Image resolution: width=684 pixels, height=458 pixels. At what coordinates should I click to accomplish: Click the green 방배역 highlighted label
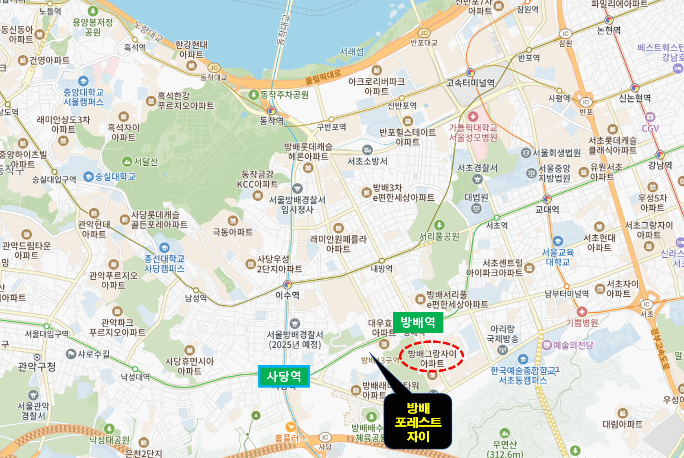418,322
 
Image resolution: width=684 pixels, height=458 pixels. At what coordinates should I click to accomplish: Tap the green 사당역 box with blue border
284,376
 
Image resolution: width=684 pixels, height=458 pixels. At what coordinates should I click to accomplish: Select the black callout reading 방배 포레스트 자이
418,422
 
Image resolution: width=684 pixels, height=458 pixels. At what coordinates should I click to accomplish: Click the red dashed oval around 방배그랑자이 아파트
432,357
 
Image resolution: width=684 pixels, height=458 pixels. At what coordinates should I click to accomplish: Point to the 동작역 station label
272,121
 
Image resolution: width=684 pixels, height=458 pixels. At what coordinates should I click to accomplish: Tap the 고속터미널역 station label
470,83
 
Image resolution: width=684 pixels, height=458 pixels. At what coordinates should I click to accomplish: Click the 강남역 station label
660,165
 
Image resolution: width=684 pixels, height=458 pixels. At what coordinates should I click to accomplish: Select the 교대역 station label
547,209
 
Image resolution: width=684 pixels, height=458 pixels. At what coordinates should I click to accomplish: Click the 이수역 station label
287,295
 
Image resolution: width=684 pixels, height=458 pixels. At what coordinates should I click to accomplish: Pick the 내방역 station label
381,268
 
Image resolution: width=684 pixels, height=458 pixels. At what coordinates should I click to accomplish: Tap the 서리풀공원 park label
439,236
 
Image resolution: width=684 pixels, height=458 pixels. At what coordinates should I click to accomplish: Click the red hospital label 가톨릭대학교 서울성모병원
473,133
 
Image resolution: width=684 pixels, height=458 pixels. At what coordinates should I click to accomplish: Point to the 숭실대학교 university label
115,177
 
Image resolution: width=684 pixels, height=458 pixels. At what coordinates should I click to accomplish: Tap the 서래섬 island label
352,52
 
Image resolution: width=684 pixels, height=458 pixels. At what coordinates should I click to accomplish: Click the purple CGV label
650,129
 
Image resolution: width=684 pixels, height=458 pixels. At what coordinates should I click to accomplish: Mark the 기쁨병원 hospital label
582,323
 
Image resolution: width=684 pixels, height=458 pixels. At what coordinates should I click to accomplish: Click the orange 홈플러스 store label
291,438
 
